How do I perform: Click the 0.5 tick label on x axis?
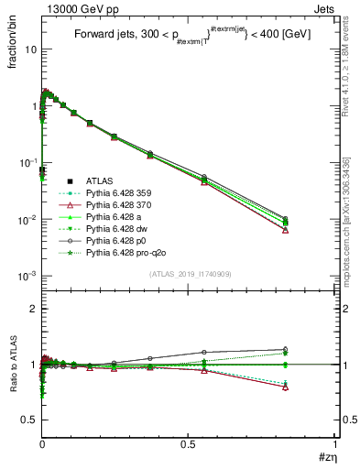point(189,444)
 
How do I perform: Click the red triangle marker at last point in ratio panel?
point(286,387)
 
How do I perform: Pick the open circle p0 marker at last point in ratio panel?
point(286,349)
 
